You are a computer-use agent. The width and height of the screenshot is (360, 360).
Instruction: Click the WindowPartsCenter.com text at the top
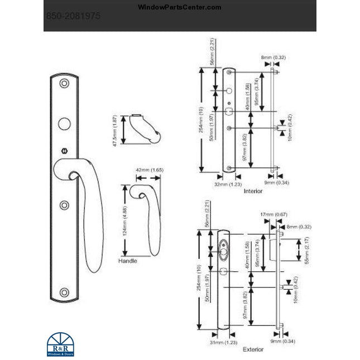point(179,7)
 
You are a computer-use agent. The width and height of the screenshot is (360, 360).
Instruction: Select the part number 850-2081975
point(73,17)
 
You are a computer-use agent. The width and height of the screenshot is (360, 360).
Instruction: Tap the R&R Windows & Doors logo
point(59,344)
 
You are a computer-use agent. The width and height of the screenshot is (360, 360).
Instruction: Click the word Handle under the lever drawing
point(127,261)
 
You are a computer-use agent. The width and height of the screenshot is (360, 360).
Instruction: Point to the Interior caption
point(253,191)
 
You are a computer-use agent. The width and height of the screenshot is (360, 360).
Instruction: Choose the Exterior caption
point(253,349)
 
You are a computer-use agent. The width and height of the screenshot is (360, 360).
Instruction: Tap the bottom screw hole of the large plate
point(64,292)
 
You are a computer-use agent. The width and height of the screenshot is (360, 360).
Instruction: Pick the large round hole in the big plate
point(64,124)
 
